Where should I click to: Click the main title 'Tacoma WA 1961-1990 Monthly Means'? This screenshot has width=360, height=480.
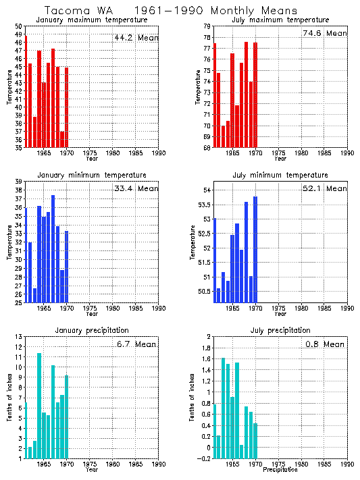(170, 11)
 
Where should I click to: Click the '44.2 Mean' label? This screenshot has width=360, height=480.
(136, 38)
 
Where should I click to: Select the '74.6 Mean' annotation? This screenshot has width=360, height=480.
(324, 33)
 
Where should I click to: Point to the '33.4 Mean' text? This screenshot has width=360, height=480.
(136, 188)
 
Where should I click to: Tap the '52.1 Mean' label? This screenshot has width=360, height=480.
(324, 188)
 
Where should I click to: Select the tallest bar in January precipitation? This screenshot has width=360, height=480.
(39, 405)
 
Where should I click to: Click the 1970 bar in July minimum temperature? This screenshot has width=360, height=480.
(255, 250)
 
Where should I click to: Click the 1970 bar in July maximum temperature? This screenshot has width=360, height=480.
(255, 95)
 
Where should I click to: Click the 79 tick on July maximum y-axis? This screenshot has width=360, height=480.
(207, 26)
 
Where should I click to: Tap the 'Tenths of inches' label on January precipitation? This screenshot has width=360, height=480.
(9, 398)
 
